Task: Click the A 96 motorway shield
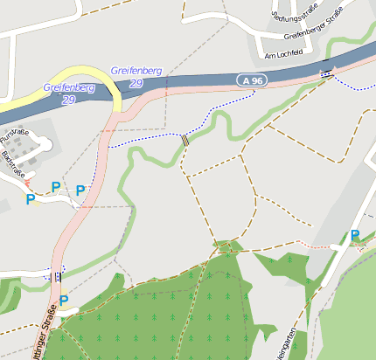click(x=252, y=80)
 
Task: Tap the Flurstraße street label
click(x=15, y=135)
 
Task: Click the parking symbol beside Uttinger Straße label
click(x=64, y=300)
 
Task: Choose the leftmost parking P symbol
click(x=30, y=199)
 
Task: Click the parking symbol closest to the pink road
click(x=80, y=190)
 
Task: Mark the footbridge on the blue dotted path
click(x=185, y=139)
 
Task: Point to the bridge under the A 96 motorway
click(x=327, y=74)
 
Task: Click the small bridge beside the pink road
click(x=58, y=277)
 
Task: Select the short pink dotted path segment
click(x=311, y=244)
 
